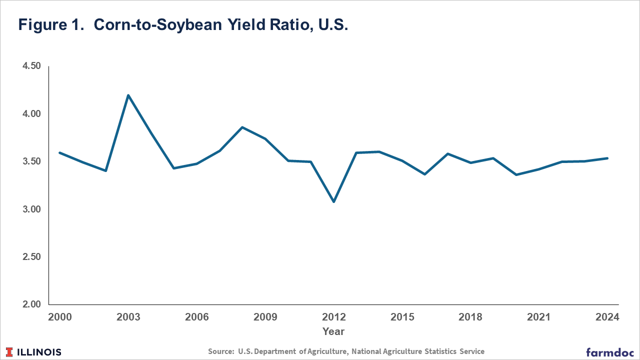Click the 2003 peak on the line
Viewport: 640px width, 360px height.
[128, 95]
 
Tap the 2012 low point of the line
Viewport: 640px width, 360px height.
[333, 201]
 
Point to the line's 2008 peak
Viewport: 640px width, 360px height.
[242, 127]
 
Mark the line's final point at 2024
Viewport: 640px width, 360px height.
[607, 158]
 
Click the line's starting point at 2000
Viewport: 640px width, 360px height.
[59, 153]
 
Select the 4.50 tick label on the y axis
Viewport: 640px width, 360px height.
[31, 66]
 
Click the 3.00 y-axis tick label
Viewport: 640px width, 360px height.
[31, 209]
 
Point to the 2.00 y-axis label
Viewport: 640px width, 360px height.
[31, 304]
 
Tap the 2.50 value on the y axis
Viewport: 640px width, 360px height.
[31, 257]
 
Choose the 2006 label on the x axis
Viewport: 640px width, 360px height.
[197, 317]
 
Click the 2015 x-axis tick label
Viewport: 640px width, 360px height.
[402, 317]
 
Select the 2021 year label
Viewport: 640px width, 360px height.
[539, 317]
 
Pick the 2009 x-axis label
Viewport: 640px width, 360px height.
[265, 317]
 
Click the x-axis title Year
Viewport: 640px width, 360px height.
[333, 331]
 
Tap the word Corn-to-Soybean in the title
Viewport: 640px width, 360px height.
[157, 24]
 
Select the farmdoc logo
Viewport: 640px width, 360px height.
[609, 352]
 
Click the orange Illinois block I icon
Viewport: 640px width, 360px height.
[9, 352]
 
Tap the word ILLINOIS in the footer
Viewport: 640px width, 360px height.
[39, 352]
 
